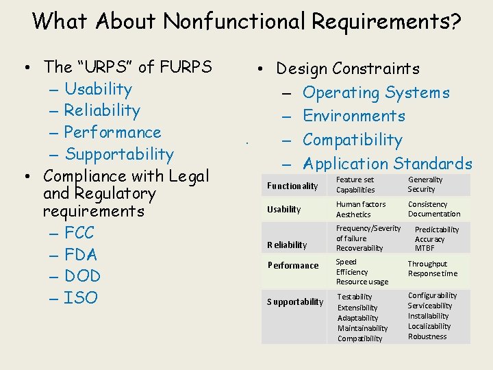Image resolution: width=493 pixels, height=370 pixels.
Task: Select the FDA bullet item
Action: pyautogui.click(x=81, y=254)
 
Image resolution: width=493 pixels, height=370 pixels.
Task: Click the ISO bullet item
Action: pyautogui.click(x=81, y=298)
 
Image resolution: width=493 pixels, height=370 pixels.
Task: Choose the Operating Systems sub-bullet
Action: pyautogui.click(x=376, y=92)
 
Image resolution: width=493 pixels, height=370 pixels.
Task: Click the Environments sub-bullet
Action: pyautogui.click(x=353, y=116)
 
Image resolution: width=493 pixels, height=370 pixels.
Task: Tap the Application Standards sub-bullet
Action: pyautogui.click(x=387, y=164)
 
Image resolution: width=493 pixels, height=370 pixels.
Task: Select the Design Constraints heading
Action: pyautogui.click(x=347, y=69)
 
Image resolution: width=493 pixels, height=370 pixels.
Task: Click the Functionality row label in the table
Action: pyautogui.click(x=292, y=186)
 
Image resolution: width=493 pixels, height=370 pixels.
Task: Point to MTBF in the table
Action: pyautogui.click(x=425, y=248)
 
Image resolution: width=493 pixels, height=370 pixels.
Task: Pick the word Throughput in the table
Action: pyautogui.click(x=427, y=264)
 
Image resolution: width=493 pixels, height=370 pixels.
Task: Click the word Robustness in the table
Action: pyautogui.click(x=427, y=336)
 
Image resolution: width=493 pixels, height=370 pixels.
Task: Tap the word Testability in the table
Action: pyautogui.click(x=355, y=297)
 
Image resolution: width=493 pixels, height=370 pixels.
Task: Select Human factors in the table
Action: pyautogui.click(x=361, y=204)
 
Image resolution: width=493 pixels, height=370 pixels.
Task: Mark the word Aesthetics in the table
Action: pyautogui.click(x=353, y=214)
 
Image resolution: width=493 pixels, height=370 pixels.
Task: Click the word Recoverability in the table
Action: pyautogui.click(x=359, y=248)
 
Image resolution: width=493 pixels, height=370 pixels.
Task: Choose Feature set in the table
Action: pyautogui.click(x=355, y=180)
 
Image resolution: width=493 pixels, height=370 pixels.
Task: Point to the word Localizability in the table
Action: pyautogui.click(x=429, y=326)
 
